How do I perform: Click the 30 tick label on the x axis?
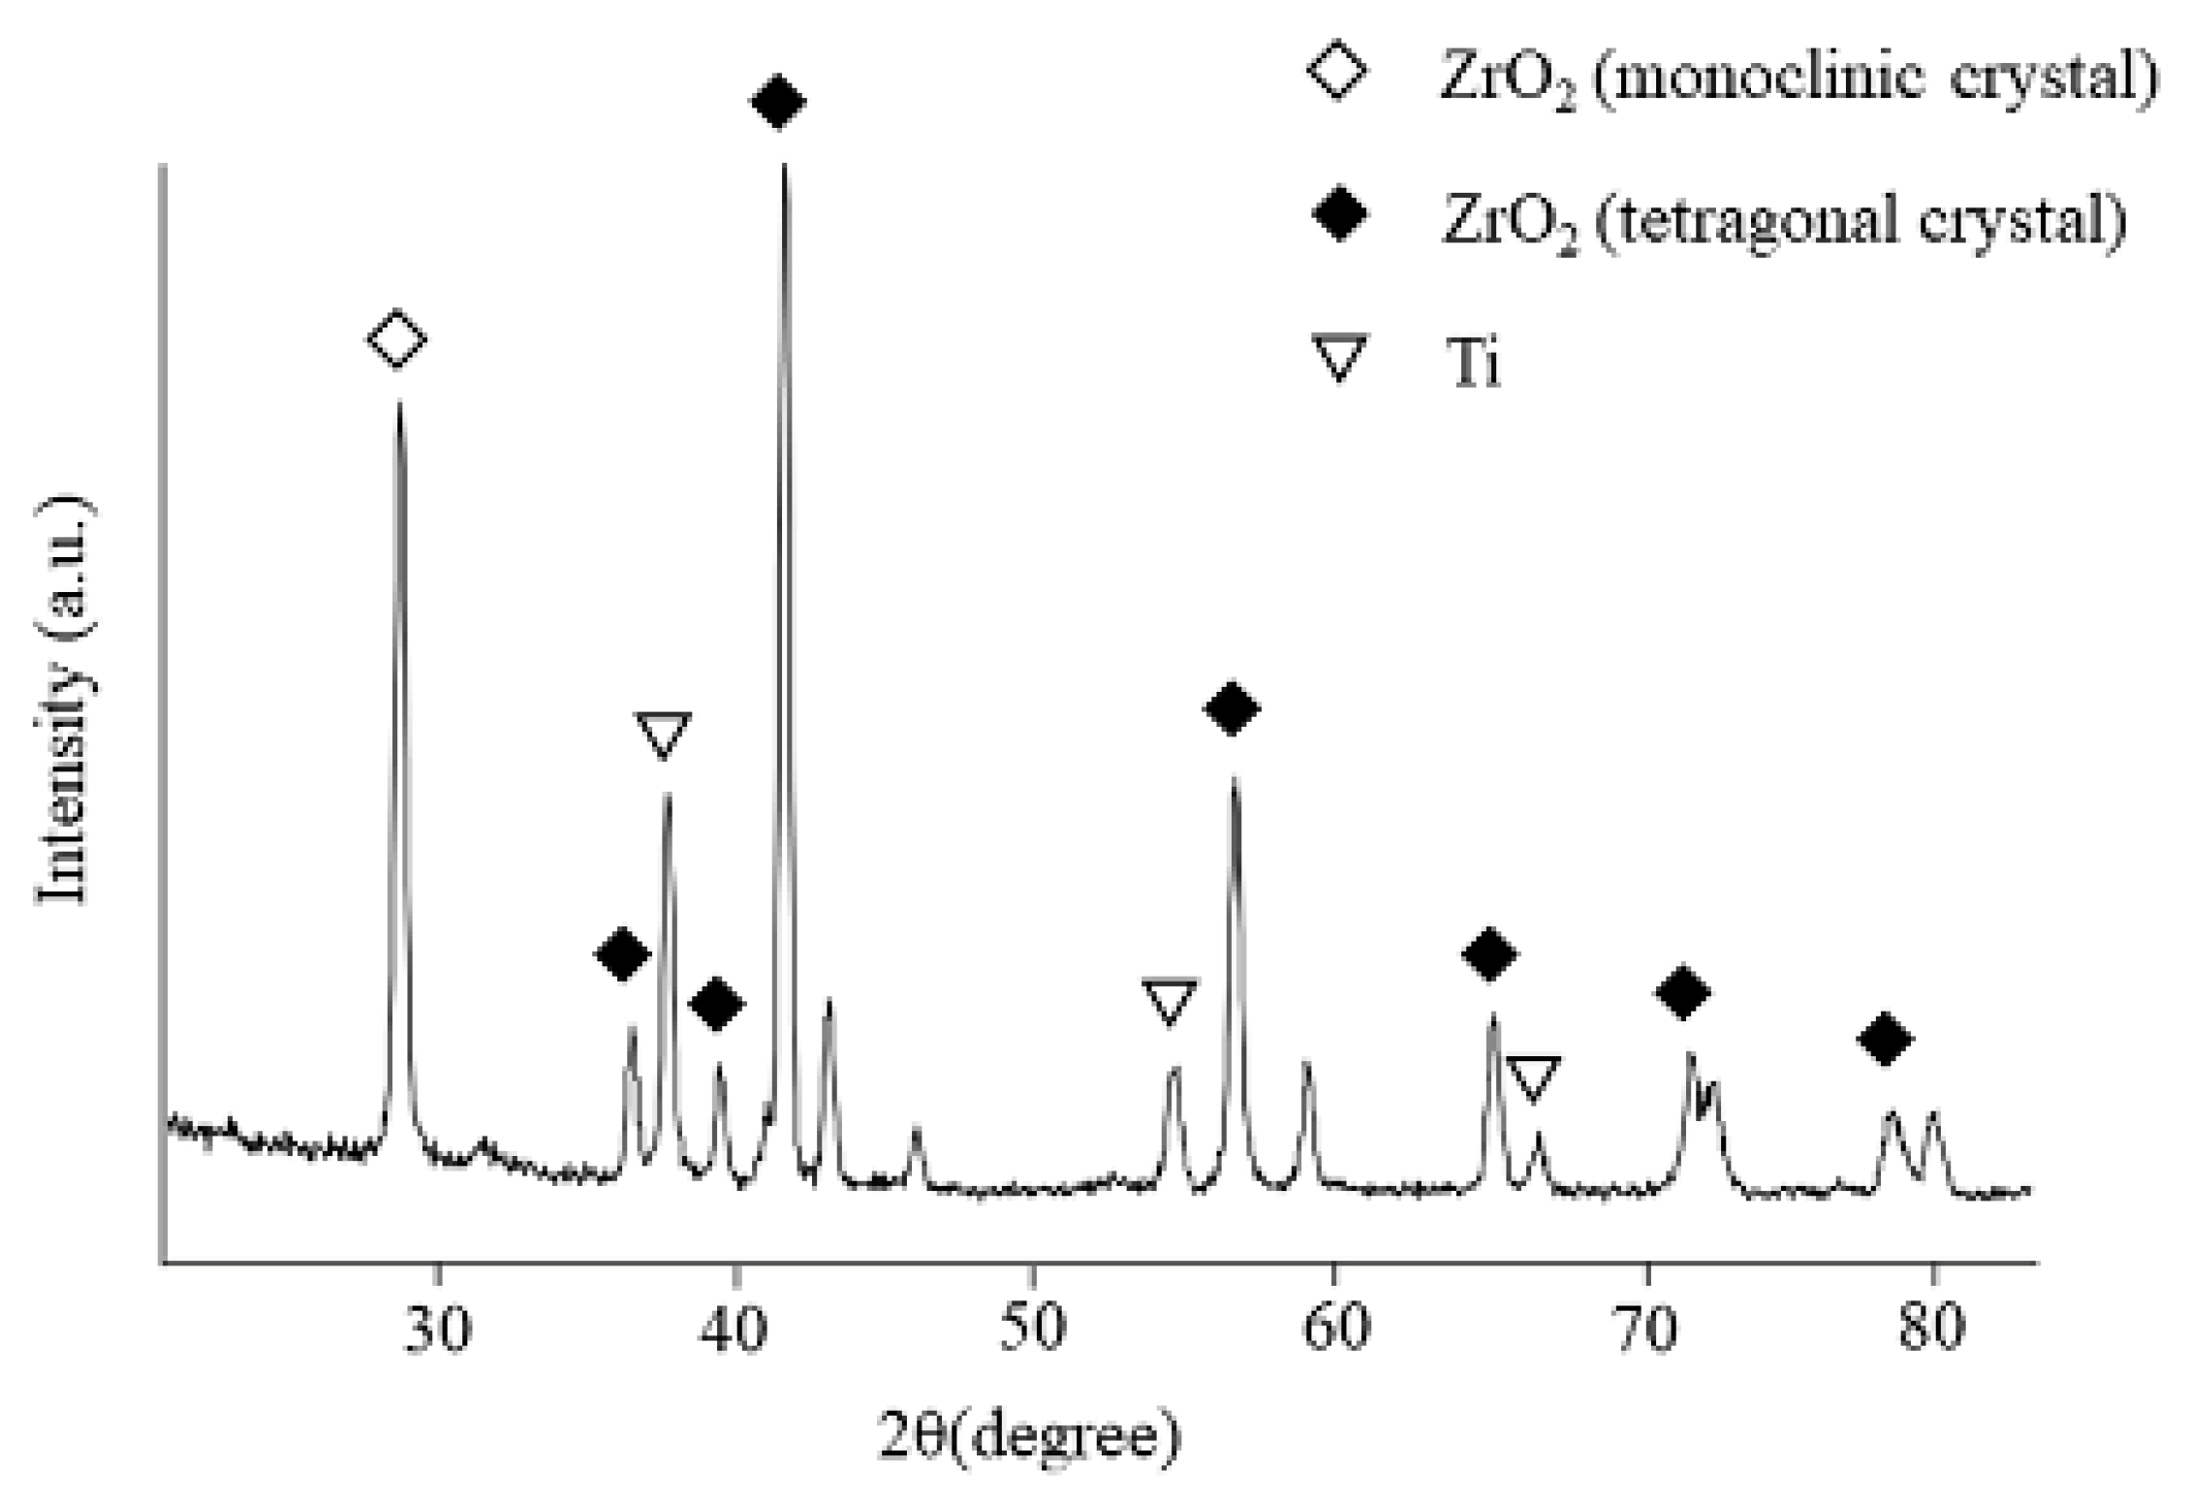(x=439, y=1328)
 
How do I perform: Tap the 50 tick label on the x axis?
(x=1033, y=1328)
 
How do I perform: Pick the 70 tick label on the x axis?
(x=1646, y=1328)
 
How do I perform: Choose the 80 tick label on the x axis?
(x=1931, y=1328)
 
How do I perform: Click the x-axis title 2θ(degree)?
(x=1029, y=1436)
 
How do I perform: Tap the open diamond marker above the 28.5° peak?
(x=396, y=339)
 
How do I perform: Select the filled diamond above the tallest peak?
(x=778, y=102)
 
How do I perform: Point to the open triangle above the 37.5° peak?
(x=664, y=734)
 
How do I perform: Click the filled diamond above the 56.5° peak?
(x=1232, y=708)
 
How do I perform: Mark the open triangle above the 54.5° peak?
(x=1171, y=1001)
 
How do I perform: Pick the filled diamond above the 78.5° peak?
(x=1885, y=1040)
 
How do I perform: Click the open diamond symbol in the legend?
(x=1337, y=72)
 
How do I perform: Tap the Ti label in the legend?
(x=1474, y=366)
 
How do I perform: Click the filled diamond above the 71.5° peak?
(x=1683, y=991)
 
